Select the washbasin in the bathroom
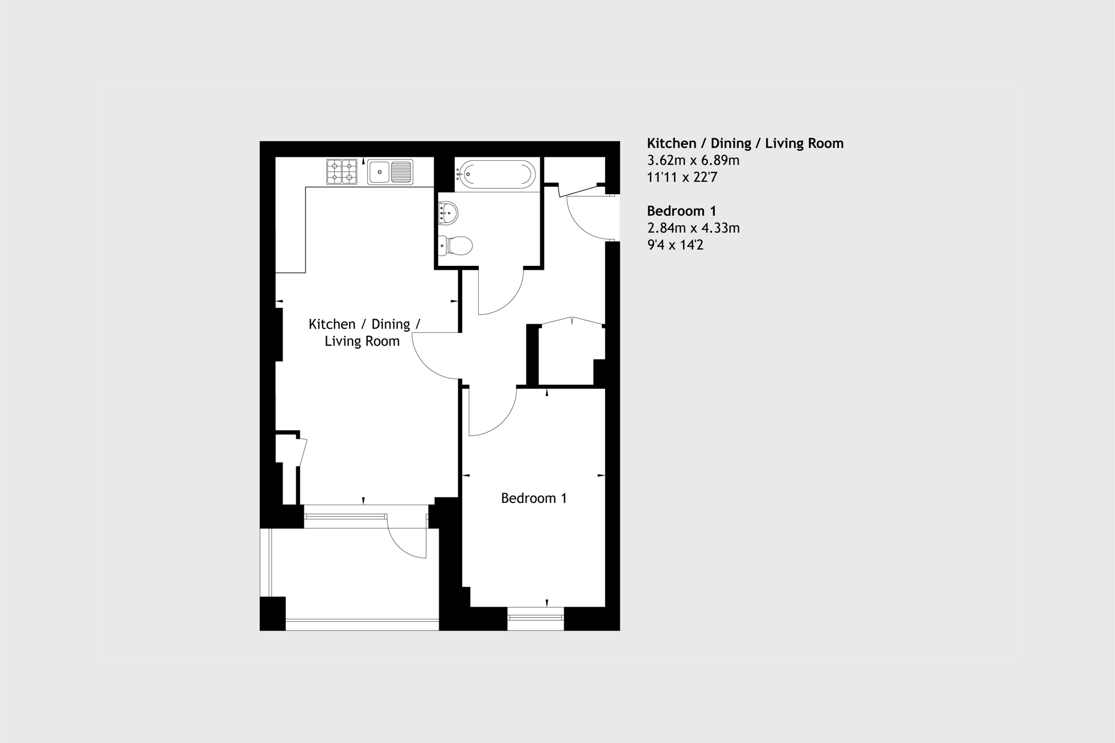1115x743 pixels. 448,214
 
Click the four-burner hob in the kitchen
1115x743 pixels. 342,172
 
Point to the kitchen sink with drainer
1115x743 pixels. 390,172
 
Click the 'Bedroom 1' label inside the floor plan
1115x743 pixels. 533,498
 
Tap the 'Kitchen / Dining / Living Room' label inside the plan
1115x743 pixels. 363,332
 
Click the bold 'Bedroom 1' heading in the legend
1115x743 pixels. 682,211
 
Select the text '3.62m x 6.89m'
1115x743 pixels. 693,160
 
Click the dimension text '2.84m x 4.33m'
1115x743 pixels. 693,228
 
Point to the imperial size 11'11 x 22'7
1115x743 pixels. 682,177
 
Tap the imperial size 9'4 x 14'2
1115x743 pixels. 675,245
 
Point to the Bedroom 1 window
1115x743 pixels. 536,618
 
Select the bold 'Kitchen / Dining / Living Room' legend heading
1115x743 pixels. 745,143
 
